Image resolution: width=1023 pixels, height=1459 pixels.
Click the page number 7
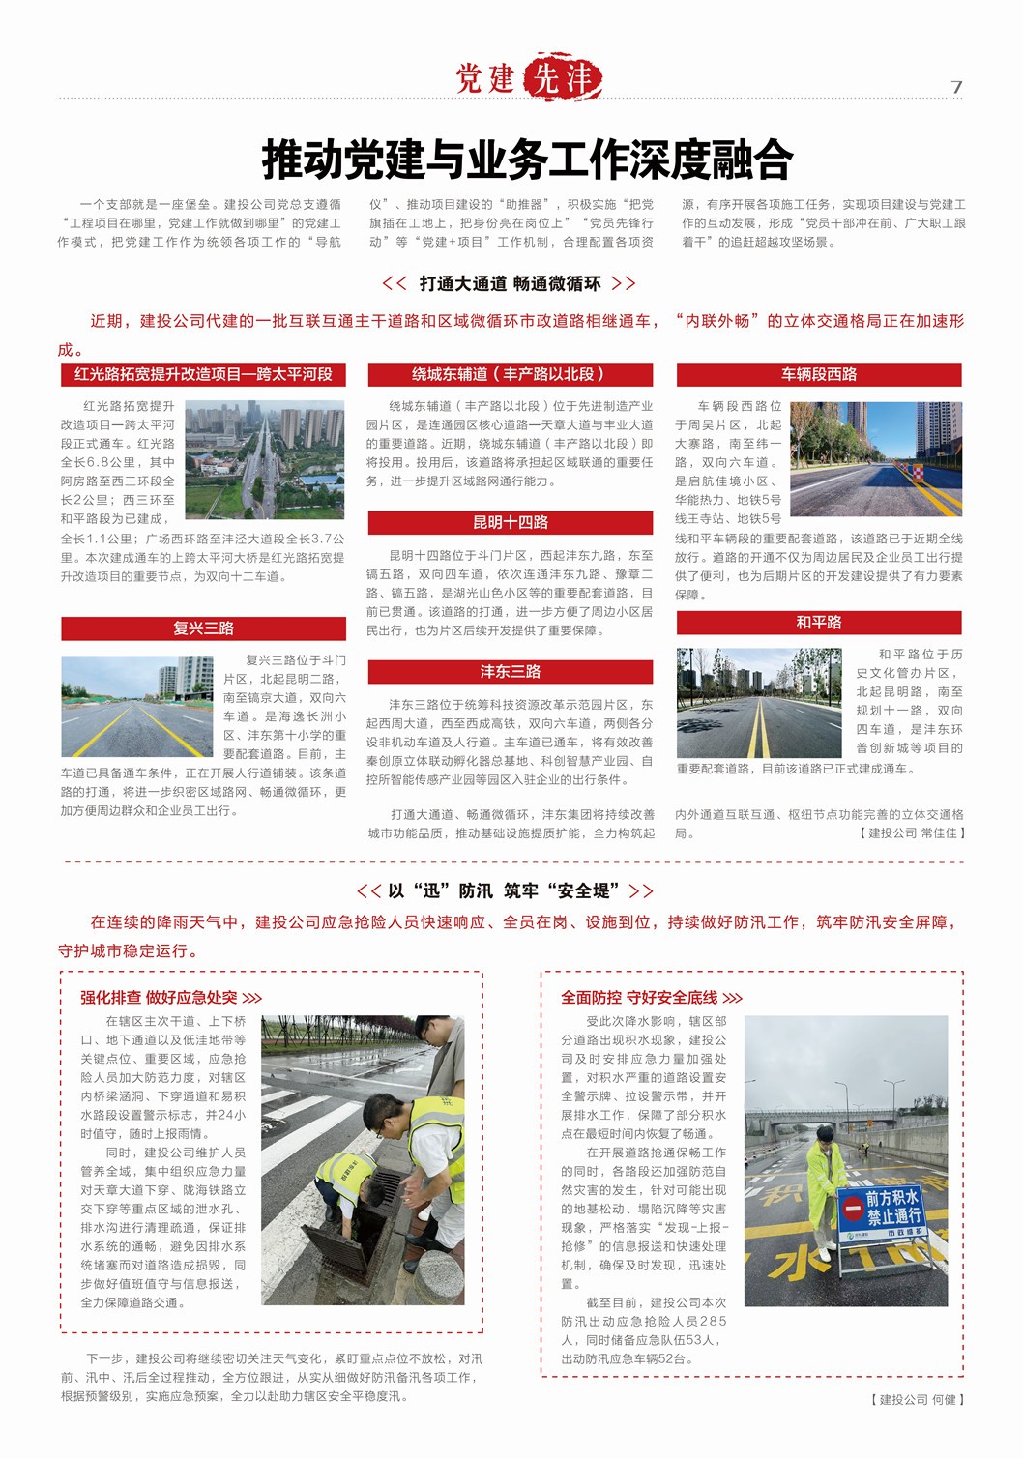[x=956, y=87]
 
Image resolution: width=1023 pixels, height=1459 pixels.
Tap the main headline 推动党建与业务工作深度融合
[x=527, y=160]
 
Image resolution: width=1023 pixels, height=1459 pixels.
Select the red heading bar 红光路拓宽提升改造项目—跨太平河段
[x=203, y=374]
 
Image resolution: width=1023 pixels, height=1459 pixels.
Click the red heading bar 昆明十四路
[x=510, y=522]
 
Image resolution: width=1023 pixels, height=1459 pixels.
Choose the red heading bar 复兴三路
[x=203, y=628]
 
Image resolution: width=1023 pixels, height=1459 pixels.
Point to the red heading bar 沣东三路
[x=510, y=671]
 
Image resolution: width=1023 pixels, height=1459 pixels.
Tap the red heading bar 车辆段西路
[x=818, y=374]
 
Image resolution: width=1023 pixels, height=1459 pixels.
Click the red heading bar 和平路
[x=818, y=622]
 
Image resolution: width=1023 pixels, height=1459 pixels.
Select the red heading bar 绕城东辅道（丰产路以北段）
[x=510, y=374]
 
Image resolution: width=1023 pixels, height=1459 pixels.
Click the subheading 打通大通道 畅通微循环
[x=510, y=283]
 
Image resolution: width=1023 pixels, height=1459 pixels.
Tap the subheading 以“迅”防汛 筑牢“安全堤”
[x=506, y=890]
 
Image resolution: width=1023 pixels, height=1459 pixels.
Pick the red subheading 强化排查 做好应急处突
[x=169, y=997]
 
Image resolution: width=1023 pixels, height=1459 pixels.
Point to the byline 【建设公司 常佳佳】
[x=912, y=832]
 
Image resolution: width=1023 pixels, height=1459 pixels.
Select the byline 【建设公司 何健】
[x=918, y=1399]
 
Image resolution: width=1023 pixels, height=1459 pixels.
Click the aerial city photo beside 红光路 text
[x=264, y=459]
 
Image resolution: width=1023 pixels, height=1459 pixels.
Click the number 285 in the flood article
[x=712, y=1321]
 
